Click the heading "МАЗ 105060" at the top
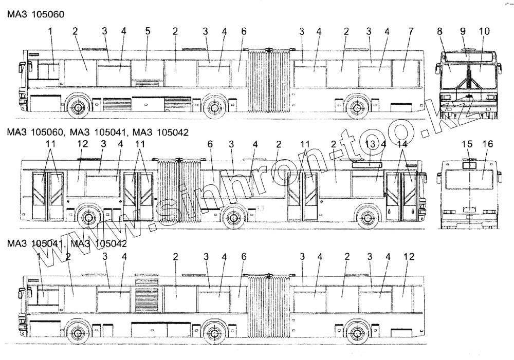pyautogui.click(x=36, y=14)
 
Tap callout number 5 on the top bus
pyautogui.click(x=148, y=31)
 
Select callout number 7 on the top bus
pyautogui.click(x=411, y=31)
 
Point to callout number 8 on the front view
pyautogui.click(x=439, y=31)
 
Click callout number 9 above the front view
pyautogui.click(x=462, y=31)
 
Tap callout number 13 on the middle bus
pyautogui.click(x=369, y=145)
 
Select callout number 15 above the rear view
pyautogui.click(x=467, y=145)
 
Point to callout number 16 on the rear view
pyautogui.click(x=486, y=145)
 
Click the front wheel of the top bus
pyautogui.click(x=78, y=108)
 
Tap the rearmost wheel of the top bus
pyautogui.click(x=354, y=108)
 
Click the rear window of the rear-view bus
pyautogui.click(x=470, y=180)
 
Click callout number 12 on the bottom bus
pyautogui.click(x=409, y=257)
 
